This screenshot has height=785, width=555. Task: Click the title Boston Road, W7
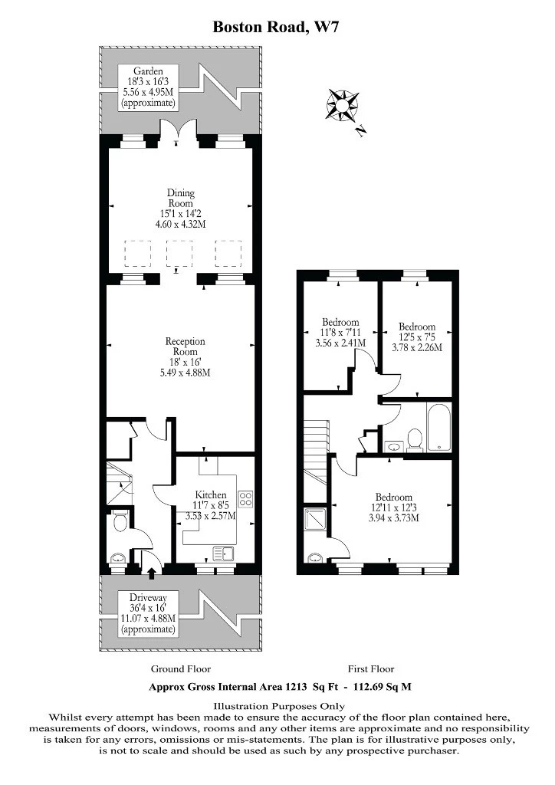276,27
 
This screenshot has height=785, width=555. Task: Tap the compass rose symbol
343,104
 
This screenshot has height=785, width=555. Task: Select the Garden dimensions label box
148,87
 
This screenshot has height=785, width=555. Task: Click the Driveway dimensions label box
148,613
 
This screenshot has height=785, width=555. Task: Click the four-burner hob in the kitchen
245,498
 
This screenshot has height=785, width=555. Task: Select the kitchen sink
224,553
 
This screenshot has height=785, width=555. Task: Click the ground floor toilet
120,521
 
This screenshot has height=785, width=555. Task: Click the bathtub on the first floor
439,427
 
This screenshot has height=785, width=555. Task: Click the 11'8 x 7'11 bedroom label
340,333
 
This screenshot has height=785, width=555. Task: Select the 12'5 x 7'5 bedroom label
417,337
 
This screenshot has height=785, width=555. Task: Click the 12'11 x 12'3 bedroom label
394,507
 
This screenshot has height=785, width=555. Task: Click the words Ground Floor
181,668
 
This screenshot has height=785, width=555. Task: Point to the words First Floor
371,668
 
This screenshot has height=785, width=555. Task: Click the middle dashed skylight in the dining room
179,253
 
